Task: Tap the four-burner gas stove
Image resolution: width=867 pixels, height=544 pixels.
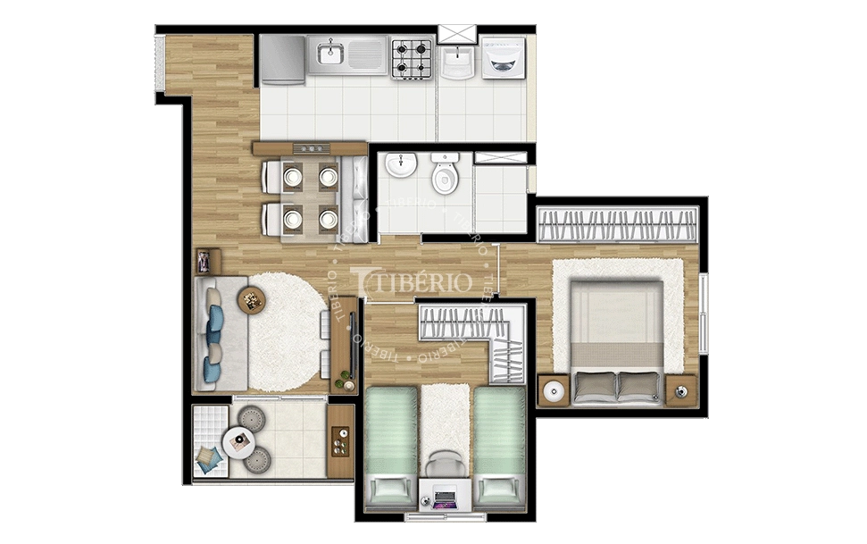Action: tap(412, 57)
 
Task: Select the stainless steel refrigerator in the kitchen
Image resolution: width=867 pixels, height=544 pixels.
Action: tap(282, 59)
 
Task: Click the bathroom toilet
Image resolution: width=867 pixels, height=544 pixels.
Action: tap(445, 175)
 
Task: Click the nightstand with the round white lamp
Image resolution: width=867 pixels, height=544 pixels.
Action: tap(554, 390)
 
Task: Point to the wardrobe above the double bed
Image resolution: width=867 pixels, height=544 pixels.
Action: tap(617, 224)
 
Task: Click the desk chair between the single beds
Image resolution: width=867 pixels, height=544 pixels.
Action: tap(444, 464)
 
